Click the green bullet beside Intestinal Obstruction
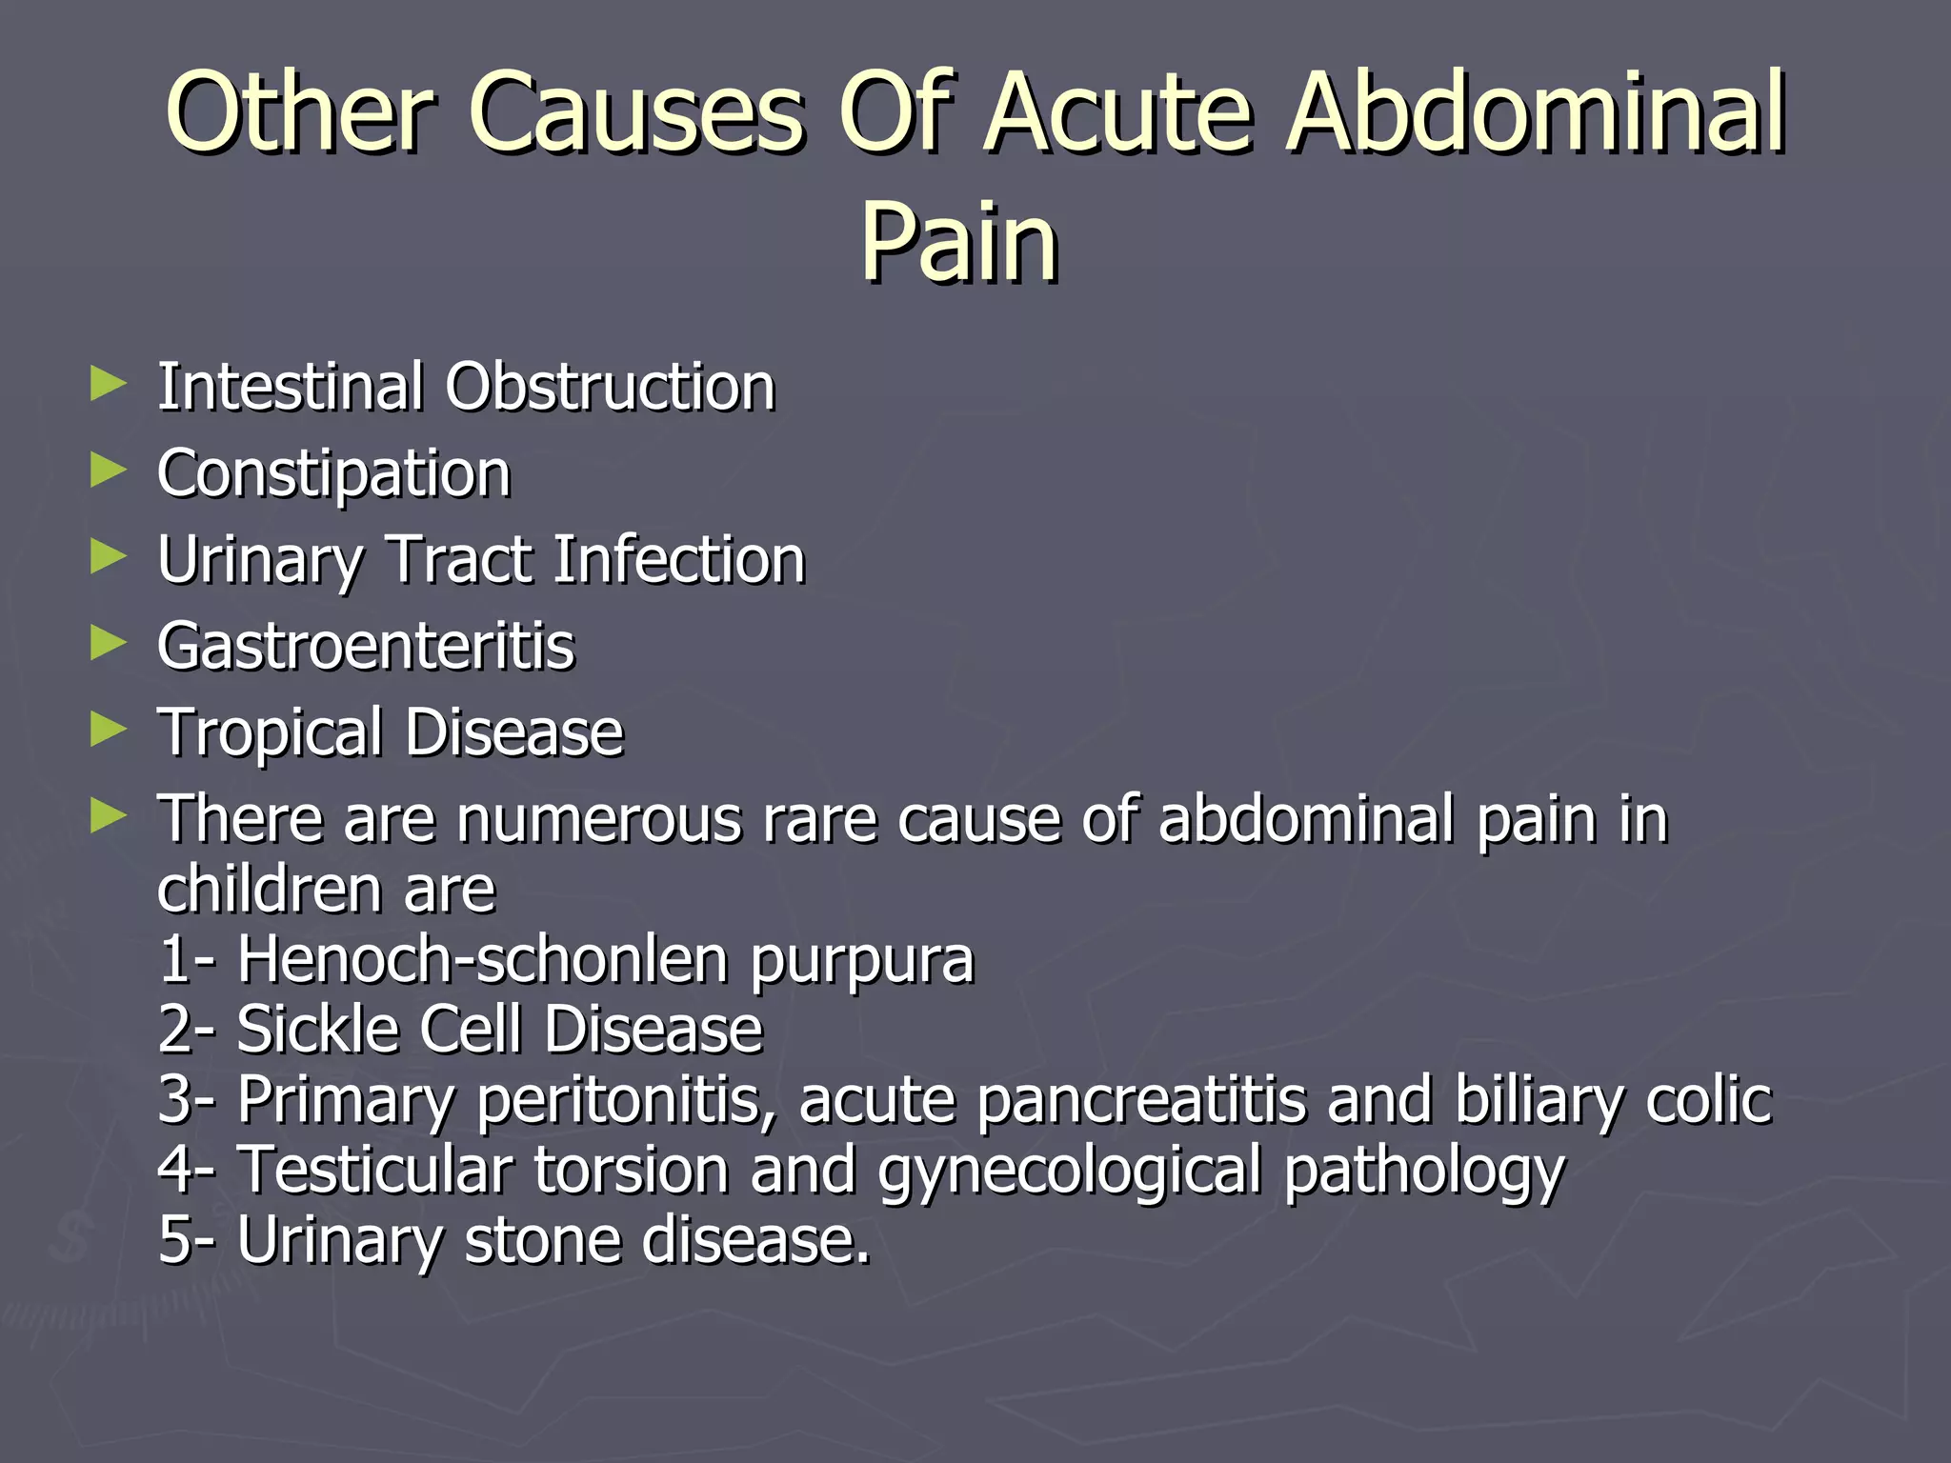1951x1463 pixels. point(108,385)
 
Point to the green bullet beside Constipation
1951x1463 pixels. point(108,471)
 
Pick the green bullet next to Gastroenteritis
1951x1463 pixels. point(108,644)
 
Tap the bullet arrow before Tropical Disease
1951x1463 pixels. point(108,731)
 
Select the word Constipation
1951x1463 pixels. point(333,473)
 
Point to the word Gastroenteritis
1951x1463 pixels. point(366,646)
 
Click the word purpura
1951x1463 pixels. point(862,960)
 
